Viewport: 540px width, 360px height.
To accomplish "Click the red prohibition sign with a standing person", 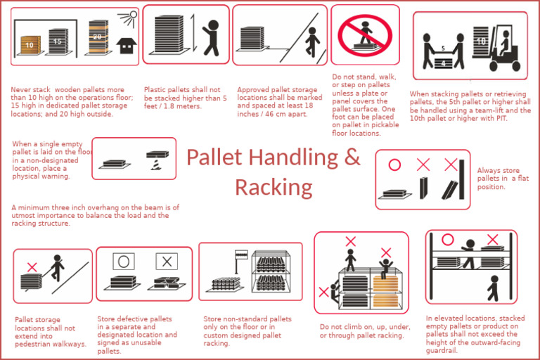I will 364,35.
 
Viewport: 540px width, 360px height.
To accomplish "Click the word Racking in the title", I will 274,187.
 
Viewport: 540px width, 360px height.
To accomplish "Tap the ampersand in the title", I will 352,157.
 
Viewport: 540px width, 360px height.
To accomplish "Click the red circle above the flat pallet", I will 394,165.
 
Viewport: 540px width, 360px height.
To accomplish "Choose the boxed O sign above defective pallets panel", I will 123,262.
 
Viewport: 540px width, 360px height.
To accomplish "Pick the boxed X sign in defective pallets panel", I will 166,262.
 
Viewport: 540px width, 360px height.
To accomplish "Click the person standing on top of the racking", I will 351,259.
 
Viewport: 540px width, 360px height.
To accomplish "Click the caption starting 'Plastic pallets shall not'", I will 186,98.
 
